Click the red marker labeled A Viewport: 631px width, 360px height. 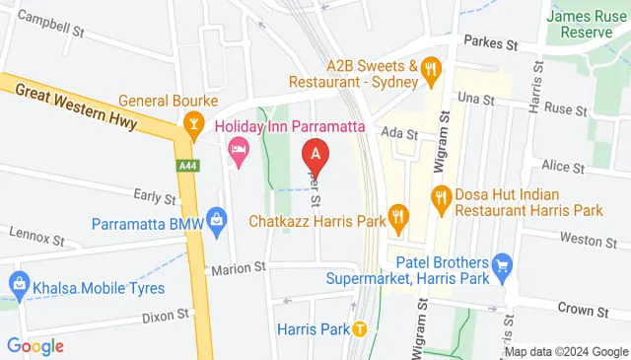pyautogui.click(x=315, y=155)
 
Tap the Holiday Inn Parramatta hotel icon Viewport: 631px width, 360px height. pyautogui.click(x=238, y=151)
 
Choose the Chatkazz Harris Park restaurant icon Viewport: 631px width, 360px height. pyautogui.click(x=398, y=214)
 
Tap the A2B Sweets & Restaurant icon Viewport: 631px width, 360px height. pyautogui.click(x=430, y=68)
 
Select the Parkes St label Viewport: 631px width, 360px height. pyautogui.click(x=490, y=44)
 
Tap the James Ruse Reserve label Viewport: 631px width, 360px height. pyautogui.click(x=589, y=24)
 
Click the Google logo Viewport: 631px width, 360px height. pyautogui.click(x=35, y=346)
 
